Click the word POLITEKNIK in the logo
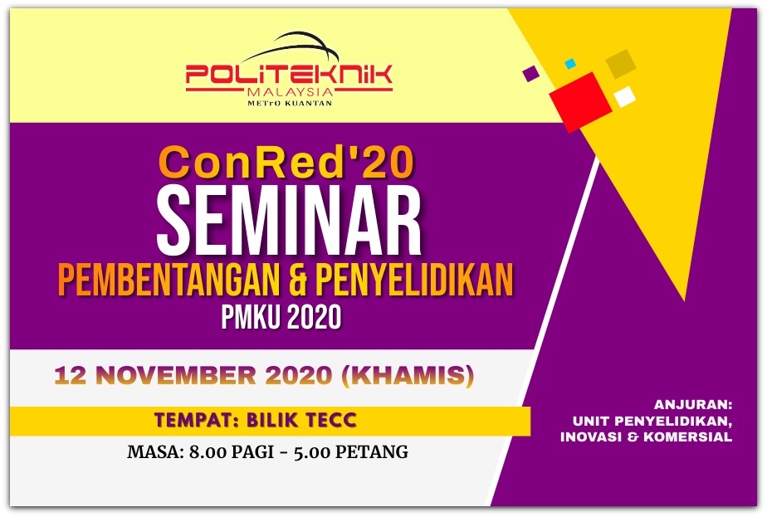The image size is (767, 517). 289,75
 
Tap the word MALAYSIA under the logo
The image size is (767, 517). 291,92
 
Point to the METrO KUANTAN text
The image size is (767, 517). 290,103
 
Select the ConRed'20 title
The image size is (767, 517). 287,163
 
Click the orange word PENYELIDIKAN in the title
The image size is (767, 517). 414,280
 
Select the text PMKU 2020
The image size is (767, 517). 281,317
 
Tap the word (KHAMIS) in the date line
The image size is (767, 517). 408,375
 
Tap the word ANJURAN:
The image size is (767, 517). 693,404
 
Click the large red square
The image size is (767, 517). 580,101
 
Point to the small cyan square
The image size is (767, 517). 570,64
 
